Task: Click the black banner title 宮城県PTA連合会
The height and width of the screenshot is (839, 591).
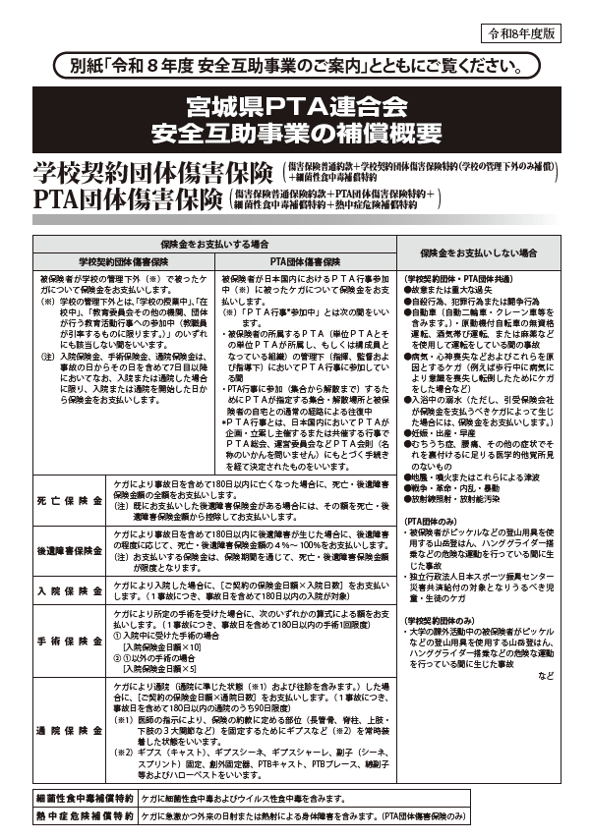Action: pyautogui.click(x=296, y=106)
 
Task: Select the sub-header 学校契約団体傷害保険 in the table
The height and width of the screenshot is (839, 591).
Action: pyautogui.click(x=123, y=262)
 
